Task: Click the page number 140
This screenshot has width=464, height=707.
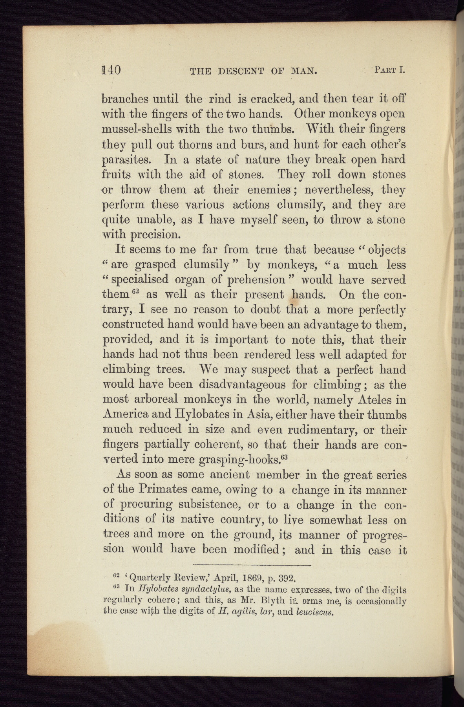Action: pos(111,70)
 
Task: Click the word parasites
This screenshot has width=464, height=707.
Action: pos(126,160)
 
